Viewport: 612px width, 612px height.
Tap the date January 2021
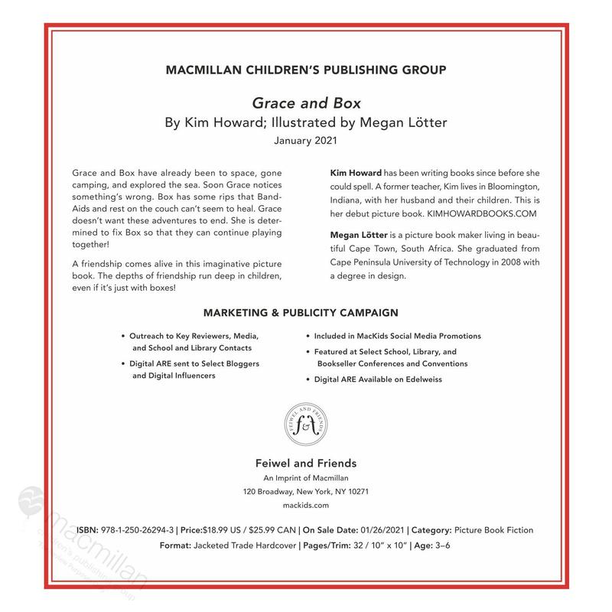(305, 141)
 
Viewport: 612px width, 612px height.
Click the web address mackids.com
(305, 505)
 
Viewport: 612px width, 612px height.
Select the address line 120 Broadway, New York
(305, 491)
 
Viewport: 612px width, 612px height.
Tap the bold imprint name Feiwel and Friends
(305, 463)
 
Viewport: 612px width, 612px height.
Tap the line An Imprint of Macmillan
(305, 477)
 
